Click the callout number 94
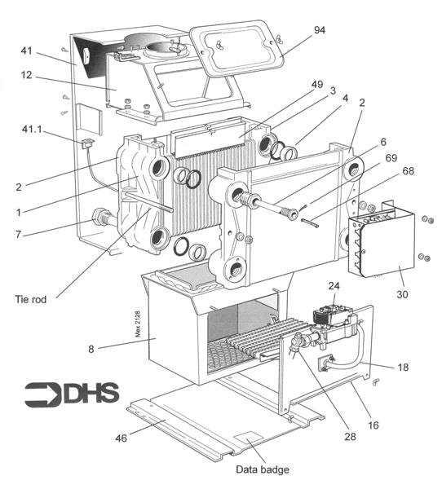[319, 30]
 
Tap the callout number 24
[334, 286]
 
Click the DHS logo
[72, 394]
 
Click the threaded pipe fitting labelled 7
[104, 218]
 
